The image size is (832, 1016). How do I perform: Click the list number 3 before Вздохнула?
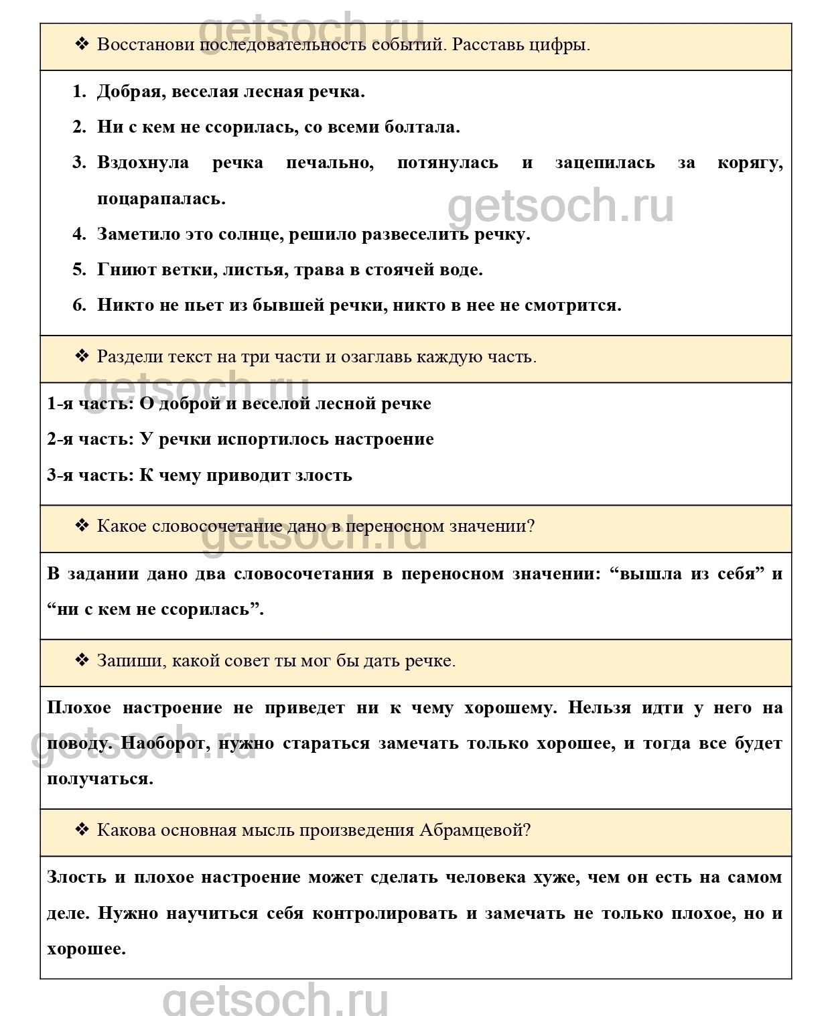point(79,163)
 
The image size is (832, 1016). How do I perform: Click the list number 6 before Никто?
point(79,305)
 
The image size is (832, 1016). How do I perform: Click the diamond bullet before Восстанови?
point(82,45)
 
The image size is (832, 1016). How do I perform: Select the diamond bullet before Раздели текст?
point(82,356)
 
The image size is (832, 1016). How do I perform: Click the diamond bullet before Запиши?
point(82,661)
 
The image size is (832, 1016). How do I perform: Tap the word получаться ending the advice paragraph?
point(100,779)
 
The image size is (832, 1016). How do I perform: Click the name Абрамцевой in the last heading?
point(474,830)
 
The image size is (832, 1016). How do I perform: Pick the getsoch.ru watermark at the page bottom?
point(275,999)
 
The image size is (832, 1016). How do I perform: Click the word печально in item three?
point(330,163)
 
